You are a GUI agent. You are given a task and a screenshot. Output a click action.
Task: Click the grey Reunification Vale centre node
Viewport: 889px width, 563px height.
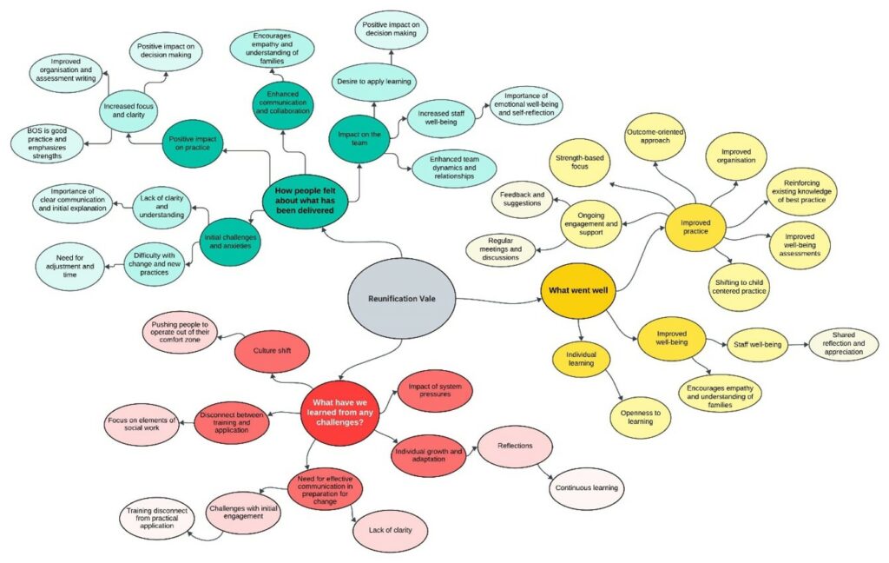tap(401, 299)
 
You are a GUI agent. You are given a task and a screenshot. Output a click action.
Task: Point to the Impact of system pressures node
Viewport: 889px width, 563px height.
tap(434, 390)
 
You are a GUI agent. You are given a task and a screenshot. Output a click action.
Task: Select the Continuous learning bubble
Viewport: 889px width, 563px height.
tap(586, 487)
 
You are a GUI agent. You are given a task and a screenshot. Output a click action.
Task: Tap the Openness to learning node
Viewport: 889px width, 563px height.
tap(643, 417)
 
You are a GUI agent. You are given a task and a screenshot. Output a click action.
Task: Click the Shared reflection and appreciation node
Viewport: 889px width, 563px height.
tap(842, 344)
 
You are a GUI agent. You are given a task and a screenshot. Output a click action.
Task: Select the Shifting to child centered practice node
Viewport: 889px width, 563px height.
tap(739, 285)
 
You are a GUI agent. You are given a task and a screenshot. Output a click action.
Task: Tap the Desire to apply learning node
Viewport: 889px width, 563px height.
tap(373, 82)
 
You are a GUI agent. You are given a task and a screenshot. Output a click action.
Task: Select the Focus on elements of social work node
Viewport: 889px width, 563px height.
tap(141, 425)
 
